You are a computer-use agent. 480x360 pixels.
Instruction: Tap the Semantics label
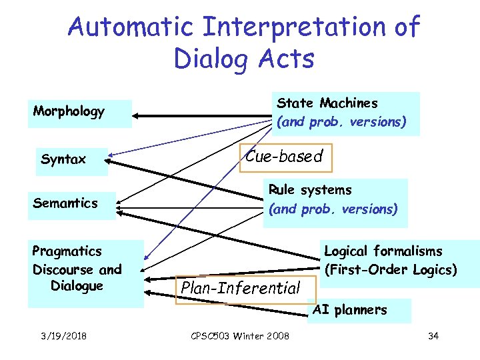click(65, 203)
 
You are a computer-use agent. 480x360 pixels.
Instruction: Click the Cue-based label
click(285, 157)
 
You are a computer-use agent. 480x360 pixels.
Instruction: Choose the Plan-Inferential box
click(241, 289)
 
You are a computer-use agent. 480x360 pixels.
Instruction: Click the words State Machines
click(327, 103)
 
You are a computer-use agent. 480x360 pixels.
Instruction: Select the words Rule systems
click(309, 190)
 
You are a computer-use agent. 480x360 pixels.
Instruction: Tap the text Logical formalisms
click(383, 251)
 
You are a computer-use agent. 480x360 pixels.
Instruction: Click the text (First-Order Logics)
click(391, 270)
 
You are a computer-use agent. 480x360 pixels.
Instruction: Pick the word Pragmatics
click(67, 251)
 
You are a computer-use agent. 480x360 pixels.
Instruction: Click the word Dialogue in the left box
click(77, 286)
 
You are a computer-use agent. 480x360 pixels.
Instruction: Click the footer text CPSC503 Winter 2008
click(238, 335)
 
